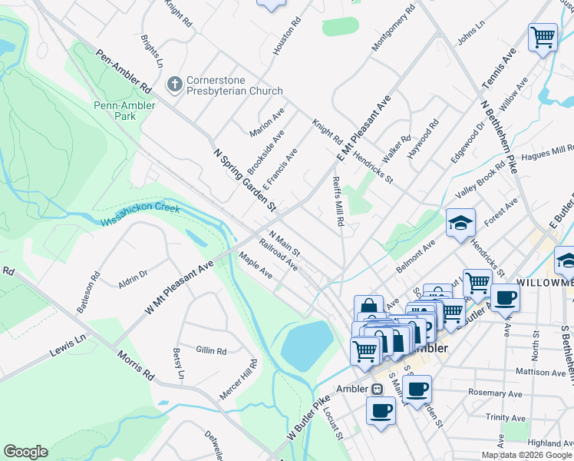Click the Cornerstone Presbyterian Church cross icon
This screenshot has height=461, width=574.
coord(175,83)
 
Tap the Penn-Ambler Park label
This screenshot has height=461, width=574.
coord(115,111)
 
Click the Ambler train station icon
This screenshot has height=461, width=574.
coord(377,389)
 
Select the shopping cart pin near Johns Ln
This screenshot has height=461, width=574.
coord(543,38)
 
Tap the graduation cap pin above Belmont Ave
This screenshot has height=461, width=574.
coord(460,224)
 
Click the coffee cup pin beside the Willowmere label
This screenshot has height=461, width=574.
coord(505,297)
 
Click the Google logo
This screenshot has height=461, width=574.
coord(25,452)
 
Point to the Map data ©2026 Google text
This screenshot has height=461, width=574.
coord(527,455)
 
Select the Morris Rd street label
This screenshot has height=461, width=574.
coord(135,367)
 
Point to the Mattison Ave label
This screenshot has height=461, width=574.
coord(540,371)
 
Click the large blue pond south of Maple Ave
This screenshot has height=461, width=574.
coord(305,343)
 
